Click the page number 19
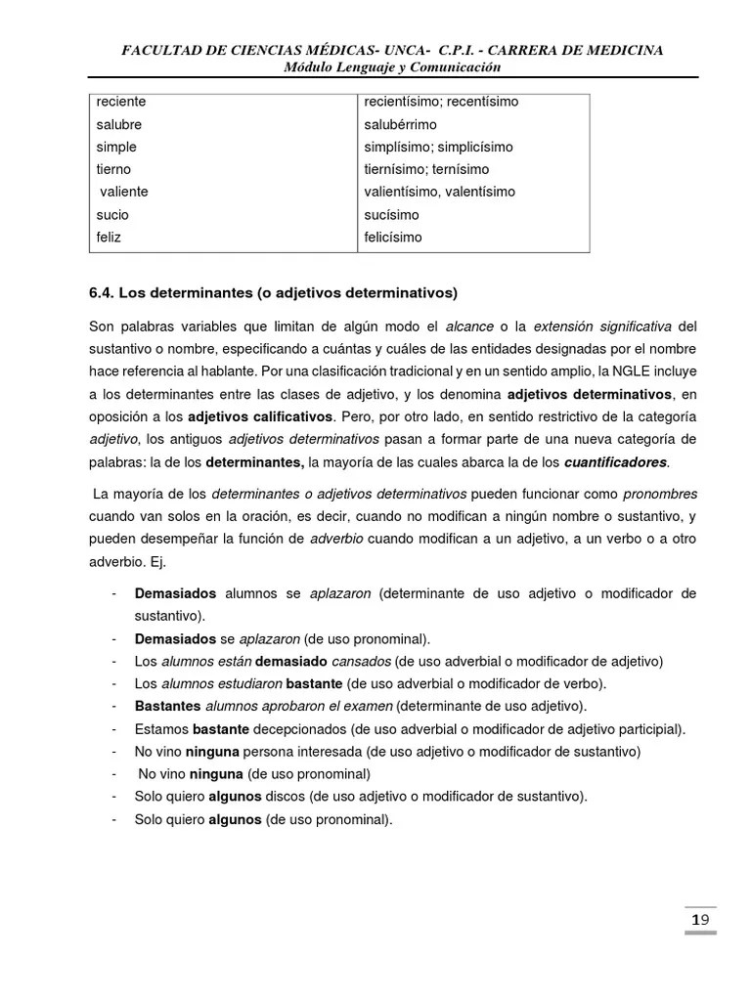(699, 920)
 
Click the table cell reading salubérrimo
(400, 125)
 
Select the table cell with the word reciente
(121, 102)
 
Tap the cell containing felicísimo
(393, 238)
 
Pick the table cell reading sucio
(112, 215)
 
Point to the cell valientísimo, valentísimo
(439, 193)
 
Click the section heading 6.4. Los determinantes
(273, 292)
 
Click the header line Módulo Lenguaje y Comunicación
(391, 66)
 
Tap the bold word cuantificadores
(616, 461)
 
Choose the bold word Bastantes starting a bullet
(167, 706)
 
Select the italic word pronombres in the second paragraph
(660, 494)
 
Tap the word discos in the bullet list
(285, 797)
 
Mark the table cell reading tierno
(113, 170)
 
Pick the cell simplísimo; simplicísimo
(438, 148)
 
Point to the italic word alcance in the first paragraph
(469, 326)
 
